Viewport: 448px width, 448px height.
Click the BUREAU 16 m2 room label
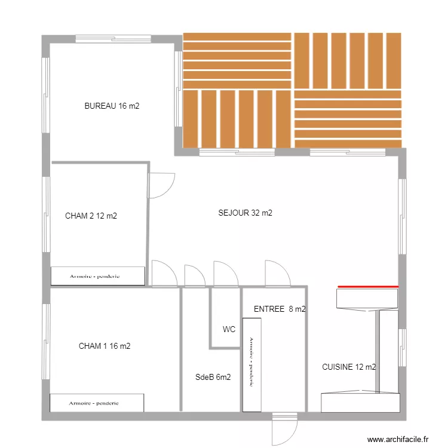click(112, 106)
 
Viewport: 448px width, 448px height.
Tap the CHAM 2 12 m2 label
click(91, 216)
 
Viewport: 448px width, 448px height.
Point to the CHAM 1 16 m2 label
click(105, 346)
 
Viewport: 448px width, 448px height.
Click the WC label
click(229, 329)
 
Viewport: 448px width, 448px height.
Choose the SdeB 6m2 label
click(213, 377)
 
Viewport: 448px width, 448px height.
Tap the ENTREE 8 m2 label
click(280, 309)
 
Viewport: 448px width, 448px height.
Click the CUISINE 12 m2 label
click(349, 367)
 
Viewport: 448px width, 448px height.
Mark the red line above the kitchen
click(367, 287)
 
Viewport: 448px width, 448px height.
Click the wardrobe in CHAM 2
click(98, 276)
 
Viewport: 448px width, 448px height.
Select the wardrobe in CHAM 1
click(97, 403)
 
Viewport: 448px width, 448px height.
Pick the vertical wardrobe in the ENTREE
click(251, 364)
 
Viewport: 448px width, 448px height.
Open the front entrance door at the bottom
click(284, 428)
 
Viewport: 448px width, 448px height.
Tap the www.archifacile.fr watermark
click(398, 439)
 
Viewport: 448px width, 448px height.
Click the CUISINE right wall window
click(403, 347)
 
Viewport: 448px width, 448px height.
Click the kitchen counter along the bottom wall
click(360, 403)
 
